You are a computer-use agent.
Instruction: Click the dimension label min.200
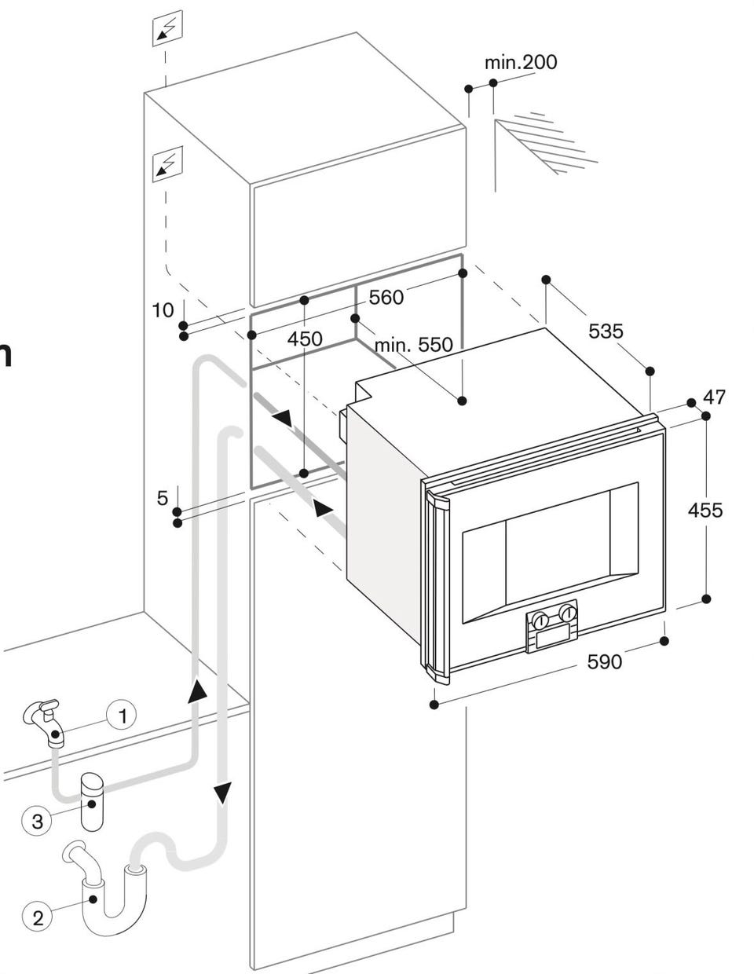click(521, 62)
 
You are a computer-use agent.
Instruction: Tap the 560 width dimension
click(386, 297)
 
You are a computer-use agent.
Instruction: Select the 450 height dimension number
click(305, 339)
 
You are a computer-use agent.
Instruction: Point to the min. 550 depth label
click(413, 344)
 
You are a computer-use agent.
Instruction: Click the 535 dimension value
click(606, 331)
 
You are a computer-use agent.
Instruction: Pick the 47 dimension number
click(714, 397)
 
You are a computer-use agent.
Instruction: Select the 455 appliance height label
click(705, 510)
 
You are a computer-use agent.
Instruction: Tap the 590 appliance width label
click(604, 661)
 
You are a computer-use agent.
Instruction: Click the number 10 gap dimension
click(163, 310)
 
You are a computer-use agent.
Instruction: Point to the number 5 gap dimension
click(162, 498)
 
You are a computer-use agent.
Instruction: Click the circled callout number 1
click(123, 716)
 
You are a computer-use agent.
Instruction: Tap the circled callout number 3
click(38, 821)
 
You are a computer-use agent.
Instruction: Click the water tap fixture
click(45, 722)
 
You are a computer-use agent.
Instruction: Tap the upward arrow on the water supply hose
click(197, 690)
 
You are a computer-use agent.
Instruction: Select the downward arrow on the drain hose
click(222, 793)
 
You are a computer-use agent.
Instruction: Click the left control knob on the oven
click(540, 620)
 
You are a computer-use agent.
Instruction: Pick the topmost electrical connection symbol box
click(167, 27)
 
